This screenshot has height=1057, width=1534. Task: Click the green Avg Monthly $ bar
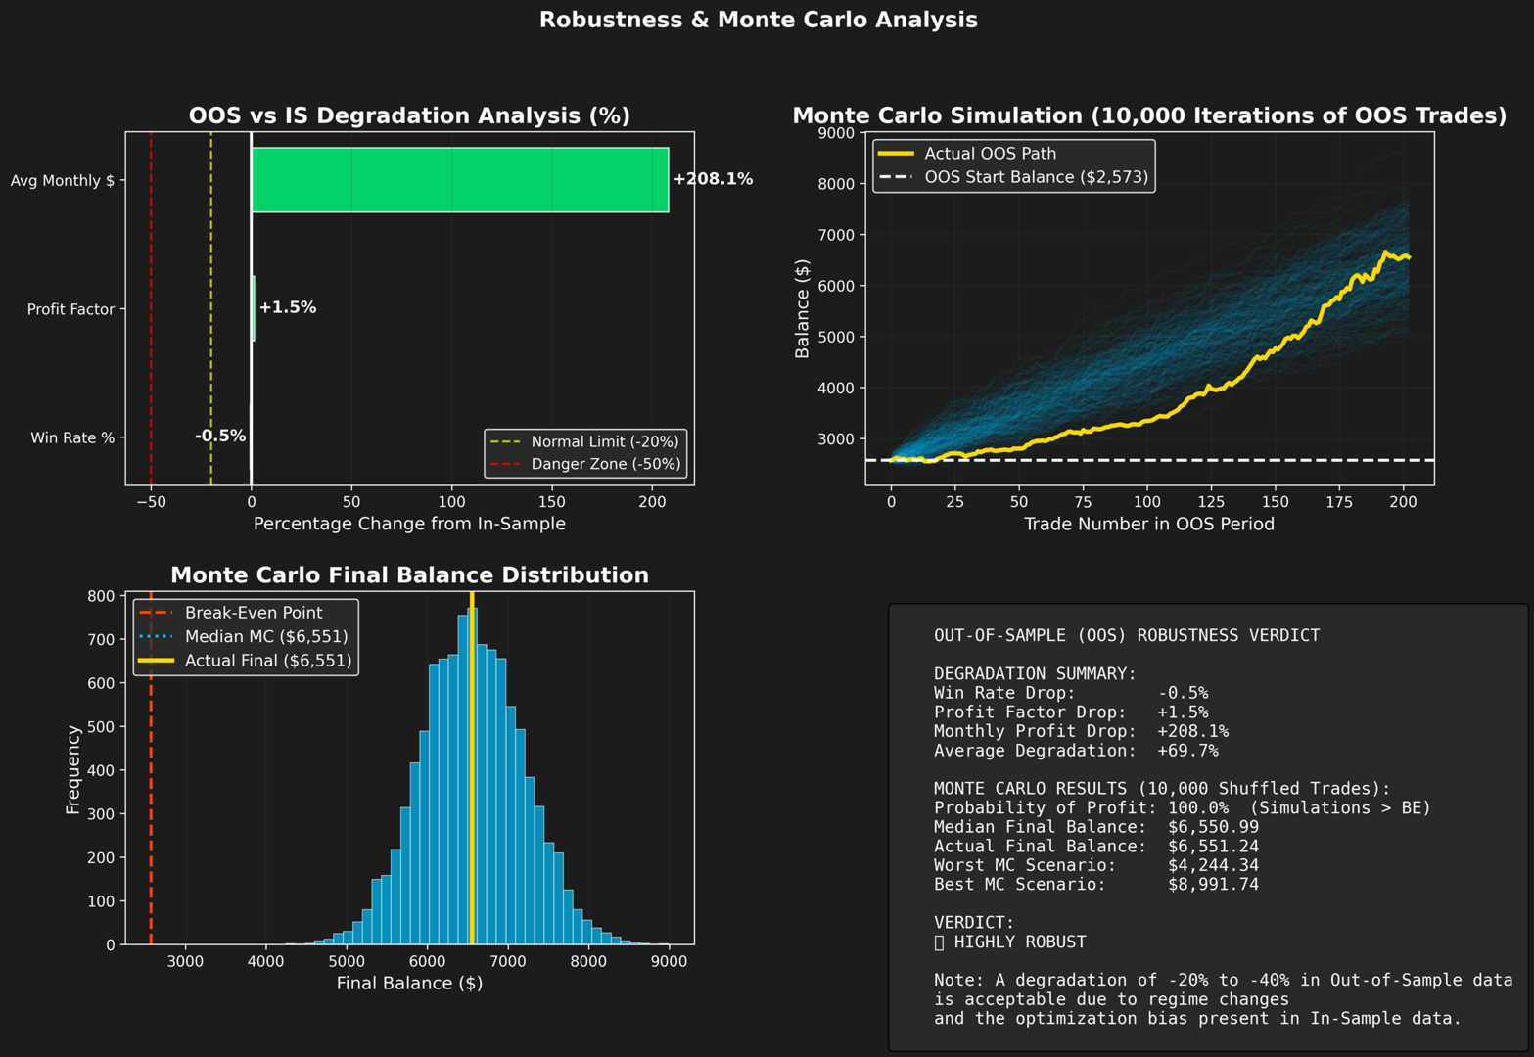coord(460,180)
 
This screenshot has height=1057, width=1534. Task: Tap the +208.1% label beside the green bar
coord(713,179)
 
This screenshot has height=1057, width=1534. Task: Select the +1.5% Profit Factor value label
coord(288,307)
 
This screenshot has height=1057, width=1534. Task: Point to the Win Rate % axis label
coord(72,437)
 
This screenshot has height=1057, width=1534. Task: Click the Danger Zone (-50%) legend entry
coord(585,464)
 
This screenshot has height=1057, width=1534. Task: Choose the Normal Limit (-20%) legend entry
coord(584,441)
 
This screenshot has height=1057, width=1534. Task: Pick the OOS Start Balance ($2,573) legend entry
coord(1013,177)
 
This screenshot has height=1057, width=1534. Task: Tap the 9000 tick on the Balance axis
coord(836,133)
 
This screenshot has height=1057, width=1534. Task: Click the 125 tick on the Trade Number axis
coord(1211,502)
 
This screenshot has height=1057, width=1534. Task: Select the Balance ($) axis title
coord(802,308)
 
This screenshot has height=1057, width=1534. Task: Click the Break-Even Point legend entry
coord(230,612)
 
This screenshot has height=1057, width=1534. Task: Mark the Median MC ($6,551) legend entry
coord(243,637)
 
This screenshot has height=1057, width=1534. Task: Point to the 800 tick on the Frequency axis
coord(101,596)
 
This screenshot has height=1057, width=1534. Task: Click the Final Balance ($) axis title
coord(409,983)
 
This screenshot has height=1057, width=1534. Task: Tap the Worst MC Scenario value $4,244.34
coord(1214,865)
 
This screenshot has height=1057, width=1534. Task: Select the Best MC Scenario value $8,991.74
coord(1214,885)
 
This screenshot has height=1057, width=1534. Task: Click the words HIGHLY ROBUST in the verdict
coord(1020,942)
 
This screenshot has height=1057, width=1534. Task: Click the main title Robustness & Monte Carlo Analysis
coord(758,20)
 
